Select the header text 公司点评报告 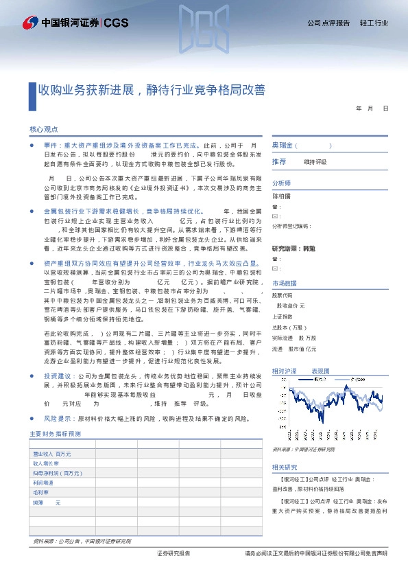coord(328,23)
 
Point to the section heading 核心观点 coord(44,129)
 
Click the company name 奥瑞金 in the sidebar coord(283,146)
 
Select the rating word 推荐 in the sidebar coord(279,162)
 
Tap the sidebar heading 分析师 coord(282,183)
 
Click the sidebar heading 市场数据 coord(285,283)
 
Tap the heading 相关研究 coord(285,466)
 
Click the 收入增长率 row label coord(47,463)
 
